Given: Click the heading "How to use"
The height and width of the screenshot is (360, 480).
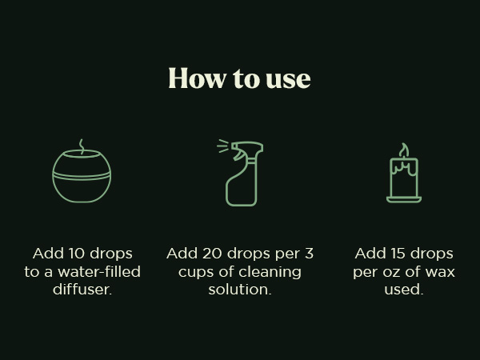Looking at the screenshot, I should click(239, 78).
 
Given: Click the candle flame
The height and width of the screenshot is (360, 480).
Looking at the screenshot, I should click(404, 151).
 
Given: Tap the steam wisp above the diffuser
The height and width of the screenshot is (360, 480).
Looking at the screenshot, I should click(81, 146).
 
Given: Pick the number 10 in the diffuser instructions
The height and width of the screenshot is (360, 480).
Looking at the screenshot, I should click(78, 254).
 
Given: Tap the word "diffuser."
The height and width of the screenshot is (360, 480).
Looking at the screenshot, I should click(82, 290).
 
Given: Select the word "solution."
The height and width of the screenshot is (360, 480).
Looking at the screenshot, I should click(240, 290).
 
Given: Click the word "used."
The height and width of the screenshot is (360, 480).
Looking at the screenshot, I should click(404, 290).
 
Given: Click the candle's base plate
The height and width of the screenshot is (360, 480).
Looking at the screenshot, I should click(404, 199).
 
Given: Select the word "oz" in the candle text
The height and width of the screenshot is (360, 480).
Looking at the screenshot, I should click(395, 272).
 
